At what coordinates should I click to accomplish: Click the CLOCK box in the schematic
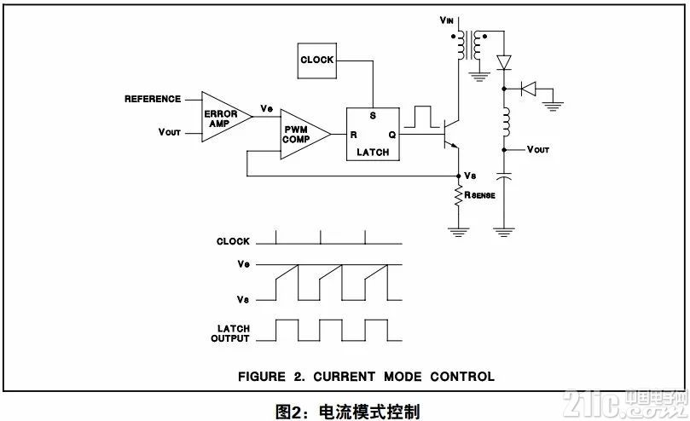coord(316,61)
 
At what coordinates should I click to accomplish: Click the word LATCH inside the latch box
coord(373,153)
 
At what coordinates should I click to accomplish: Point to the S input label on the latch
coord(373,116)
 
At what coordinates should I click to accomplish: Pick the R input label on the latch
coord(353,135)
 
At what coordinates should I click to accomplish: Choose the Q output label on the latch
coord(392,135)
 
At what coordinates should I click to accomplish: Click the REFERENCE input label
coord(153,99)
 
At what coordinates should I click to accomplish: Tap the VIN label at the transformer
coord(446,20)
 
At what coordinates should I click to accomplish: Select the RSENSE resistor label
coord(479,195)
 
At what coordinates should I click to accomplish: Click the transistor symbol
coord(451,134)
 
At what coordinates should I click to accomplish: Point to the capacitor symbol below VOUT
coord(504,176)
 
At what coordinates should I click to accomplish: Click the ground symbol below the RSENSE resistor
coord(458,232)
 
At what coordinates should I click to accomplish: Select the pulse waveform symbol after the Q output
coord(422,117)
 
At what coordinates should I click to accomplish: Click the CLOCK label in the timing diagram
coord(233,241)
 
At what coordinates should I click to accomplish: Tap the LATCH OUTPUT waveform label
coord(230,333)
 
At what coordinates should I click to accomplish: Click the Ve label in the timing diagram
coord(243,264)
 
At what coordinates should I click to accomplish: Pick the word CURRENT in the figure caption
coord(344,377)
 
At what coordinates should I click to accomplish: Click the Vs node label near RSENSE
coord(470,176)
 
